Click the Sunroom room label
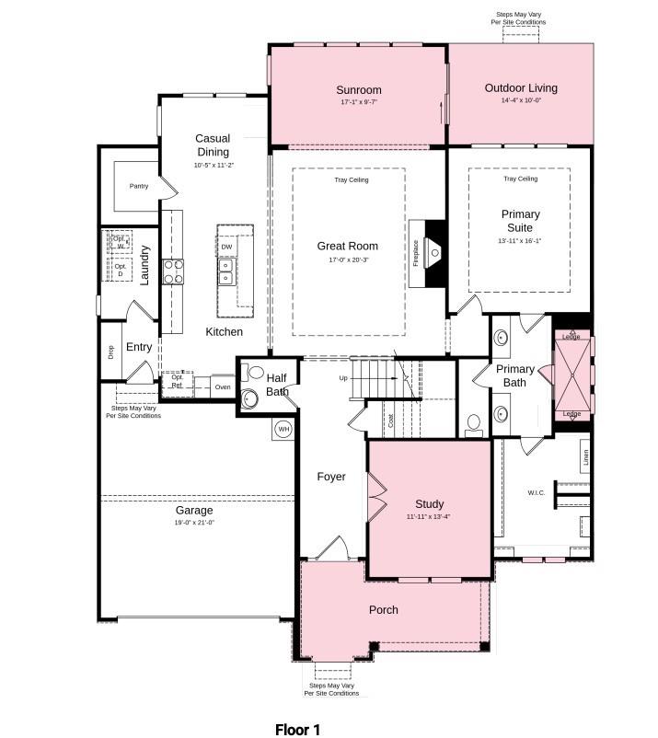358,90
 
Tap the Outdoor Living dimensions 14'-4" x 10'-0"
521,100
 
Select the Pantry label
139,186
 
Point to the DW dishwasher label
226,247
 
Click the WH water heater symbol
283,429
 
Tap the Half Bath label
277,385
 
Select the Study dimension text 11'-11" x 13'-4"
429,516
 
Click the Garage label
194,510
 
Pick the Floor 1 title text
297,729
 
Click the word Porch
384,610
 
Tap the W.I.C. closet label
537,492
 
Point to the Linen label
586,457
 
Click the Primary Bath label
514,375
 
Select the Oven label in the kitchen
223,387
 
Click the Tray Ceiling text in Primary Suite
520,179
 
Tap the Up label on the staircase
343,377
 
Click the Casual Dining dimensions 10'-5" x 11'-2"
213,165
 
